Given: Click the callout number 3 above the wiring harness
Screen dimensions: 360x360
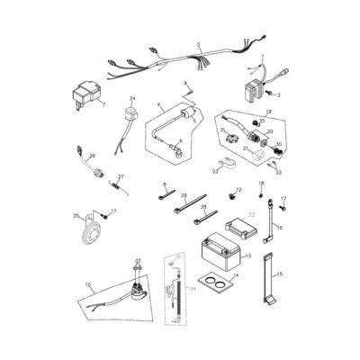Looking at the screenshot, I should point(197,44).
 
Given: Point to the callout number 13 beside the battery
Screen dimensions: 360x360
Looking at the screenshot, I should point(247,256).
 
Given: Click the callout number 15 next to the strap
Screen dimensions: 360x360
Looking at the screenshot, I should point(280,273).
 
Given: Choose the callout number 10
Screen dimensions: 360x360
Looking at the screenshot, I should point(88,285).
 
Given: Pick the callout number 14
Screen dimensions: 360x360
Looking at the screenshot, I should point(236,276).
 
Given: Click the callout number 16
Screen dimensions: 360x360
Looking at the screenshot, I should point(280,229).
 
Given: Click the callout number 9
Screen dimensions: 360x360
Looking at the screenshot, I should point(185,82).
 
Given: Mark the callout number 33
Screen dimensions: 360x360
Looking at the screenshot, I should point(138,260).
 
